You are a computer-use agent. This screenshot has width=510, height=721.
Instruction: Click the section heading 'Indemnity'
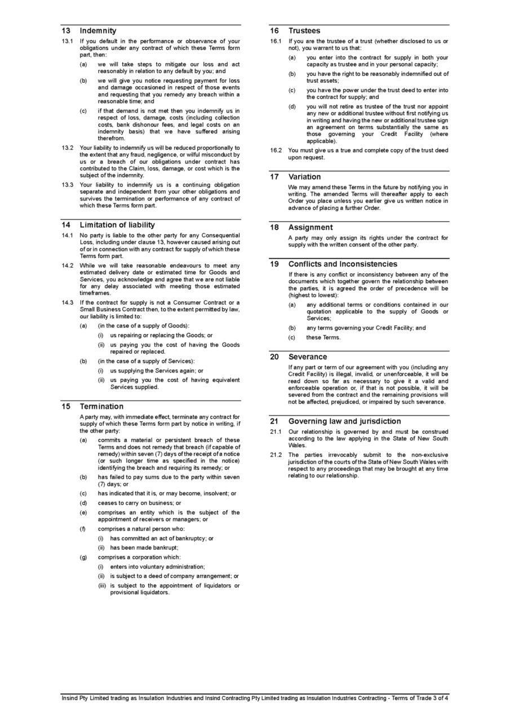(98, 30)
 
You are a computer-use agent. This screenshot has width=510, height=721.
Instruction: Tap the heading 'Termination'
(101, 406)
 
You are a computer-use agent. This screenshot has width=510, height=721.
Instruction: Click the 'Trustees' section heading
(304, 30)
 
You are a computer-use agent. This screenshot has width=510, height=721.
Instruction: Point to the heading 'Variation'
(305, 176)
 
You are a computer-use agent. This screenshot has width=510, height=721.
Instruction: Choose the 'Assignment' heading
(311, 227)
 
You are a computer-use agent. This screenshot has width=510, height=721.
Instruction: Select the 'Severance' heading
(308, 357)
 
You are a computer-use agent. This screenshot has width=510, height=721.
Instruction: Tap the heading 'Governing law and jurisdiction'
(345, 421)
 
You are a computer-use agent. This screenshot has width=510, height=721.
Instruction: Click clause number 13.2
(68, 148)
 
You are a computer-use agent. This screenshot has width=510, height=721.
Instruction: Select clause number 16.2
(276, 150)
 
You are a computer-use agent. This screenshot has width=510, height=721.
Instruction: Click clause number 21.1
(276, 431)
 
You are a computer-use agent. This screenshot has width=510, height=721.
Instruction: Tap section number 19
(274, 264)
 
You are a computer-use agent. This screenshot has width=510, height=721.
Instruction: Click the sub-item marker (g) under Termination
(83, 557)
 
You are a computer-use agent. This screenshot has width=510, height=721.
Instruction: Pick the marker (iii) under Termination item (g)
(101, 585)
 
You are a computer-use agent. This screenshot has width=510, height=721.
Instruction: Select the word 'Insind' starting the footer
(70, 698)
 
